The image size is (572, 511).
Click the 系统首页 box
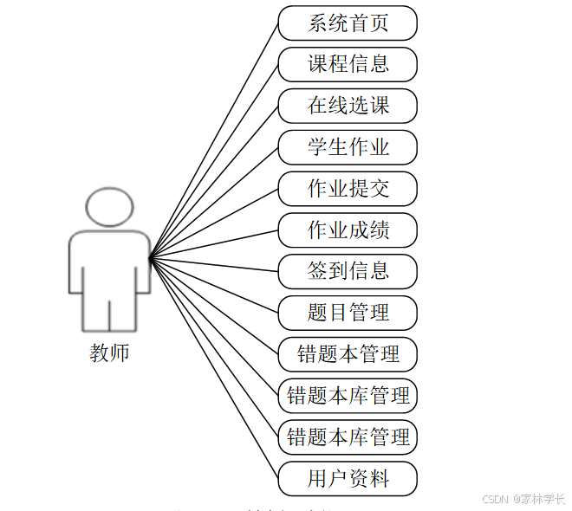click(x=348, y=23)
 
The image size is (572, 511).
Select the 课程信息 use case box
click(x=348, y=64)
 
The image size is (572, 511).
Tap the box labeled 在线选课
click(x=348, y=106)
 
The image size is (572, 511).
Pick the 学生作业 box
click(x=348, y=147)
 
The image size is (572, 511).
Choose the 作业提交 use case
click(x=348, y=189)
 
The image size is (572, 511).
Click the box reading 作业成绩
click(x=348, y=230)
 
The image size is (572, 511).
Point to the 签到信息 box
click(x=348, y=271)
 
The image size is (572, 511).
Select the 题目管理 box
click(x=348, y=313)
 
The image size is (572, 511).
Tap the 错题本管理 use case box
click(x=348, y=354)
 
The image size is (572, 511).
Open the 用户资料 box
click(x=348, y=479)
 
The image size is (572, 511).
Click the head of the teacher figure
click(x=109, y=206)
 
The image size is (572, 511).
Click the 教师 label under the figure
click(x=109, y=353)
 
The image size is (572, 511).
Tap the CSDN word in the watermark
click(x=493, y=499)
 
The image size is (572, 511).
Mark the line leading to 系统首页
click(x=214, y=139)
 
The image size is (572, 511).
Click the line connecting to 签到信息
click(x=214, y=264)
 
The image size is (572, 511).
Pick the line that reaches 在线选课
click(x=214, y=181)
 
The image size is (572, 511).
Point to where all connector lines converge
click(x=150, y=257)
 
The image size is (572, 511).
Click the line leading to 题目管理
click(x=214, y=284)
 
